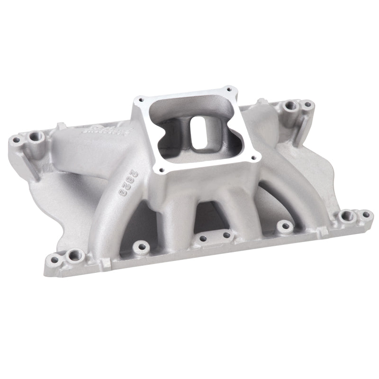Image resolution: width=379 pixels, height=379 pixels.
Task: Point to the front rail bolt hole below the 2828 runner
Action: pos(139,246)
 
